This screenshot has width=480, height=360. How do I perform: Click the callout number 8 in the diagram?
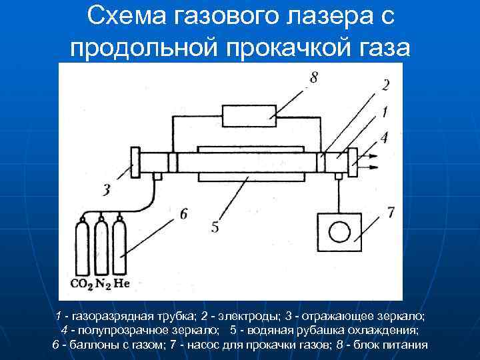point(313,78)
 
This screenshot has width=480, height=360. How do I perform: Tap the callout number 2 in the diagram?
point(386,85)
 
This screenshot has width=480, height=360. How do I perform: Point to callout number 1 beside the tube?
point(386,113)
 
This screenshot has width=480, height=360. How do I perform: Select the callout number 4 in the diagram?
point(384,138)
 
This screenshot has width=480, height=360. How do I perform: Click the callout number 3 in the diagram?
point(106,191)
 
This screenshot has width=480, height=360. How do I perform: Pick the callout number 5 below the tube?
point(215,227)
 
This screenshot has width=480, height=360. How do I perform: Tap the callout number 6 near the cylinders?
point(183,213)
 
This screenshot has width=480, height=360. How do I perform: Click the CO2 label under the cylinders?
point(81,284)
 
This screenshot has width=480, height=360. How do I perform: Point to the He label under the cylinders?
point(121,284)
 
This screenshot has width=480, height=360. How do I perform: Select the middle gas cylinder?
point(101,247)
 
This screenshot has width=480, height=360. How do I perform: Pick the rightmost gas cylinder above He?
point(120,247)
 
